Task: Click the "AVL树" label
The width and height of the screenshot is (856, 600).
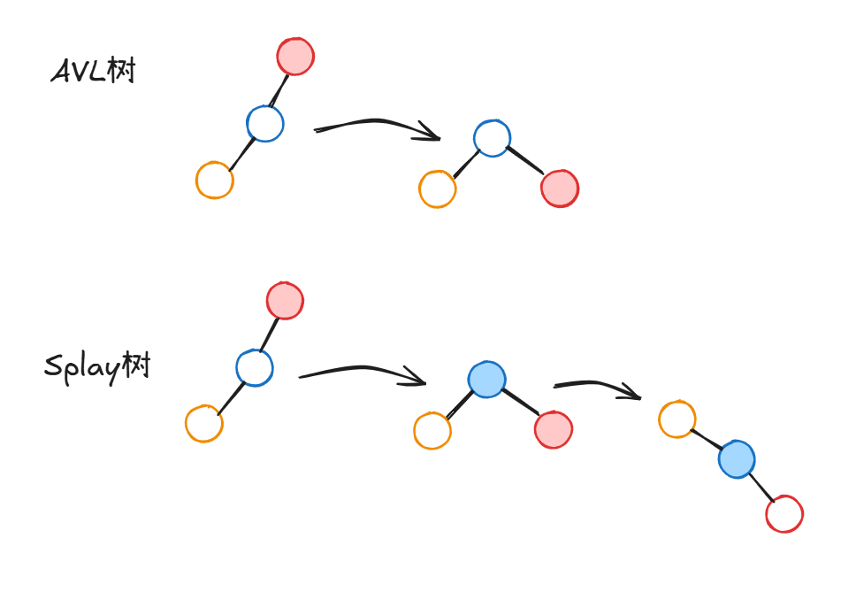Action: [x=94, y=71]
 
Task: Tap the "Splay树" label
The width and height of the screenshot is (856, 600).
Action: [x=97, y=365]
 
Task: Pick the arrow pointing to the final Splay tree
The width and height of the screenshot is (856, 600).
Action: [x=596, y=388]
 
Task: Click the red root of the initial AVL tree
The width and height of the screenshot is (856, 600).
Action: [x=295, y=57]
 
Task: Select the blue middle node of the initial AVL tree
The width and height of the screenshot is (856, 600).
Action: [x=265, y=124]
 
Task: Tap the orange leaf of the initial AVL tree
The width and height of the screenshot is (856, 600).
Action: [x=215, y=181]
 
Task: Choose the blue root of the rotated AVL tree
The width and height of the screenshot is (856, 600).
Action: [x=492, y=138]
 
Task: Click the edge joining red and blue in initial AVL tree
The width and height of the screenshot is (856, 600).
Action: [x=279, y=90]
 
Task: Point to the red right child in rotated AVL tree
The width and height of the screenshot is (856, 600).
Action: [x=560, y=188]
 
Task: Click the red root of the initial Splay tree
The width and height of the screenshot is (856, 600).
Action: [x=285, y=301]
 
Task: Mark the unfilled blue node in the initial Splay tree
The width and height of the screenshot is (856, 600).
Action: [x=255, y=367]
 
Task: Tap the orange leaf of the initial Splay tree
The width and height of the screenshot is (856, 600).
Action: [x=204, y=424]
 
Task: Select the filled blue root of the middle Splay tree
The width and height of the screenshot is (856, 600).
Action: [x=487, y=380]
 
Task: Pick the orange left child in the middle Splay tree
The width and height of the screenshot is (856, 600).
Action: [x=432, y=431]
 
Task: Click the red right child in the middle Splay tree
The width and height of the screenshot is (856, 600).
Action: [x=554, y=430]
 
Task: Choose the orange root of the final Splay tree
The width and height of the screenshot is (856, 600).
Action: [x=677, y=419]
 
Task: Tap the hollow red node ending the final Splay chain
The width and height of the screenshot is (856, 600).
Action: [x=784, y=514]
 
